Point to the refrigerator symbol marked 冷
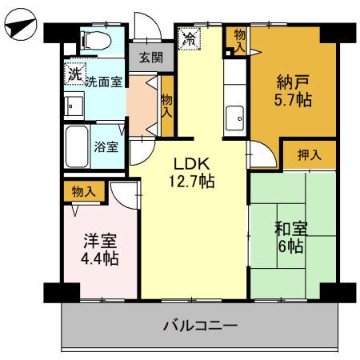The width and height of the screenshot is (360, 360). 190,38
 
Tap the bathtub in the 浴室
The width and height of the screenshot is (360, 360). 77,146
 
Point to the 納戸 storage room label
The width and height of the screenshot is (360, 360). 290,81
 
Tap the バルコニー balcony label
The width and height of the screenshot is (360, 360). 200,326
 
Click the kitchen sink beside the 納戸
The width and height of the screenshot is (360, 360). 235,118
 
